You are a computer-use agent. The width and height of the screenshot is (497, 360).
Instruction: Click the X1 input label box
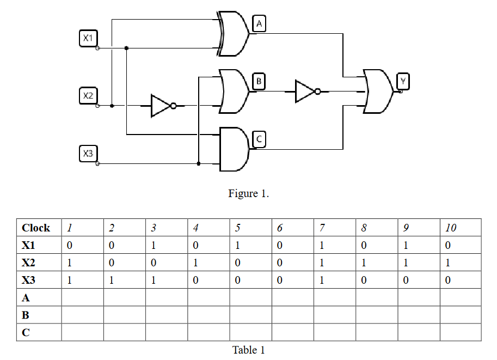coord(88,38)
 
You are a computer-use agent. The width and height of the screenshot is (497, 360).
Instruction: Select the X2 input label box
coord(88,96)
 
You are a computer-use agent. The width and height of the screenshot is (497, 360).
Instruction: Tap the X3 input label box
coord(88,153)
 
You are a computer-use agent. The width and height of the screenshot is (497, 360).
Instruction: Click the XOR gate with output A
coord(233,34)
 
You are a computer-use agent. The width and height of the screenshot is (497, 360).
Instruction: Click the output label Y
coord(403,82)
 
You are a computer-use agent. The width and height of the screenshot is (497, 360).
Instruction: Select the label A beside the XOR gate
coord(259,24)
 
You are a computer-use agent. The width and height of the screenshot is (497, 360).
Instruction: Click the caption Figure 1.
coord(248,193)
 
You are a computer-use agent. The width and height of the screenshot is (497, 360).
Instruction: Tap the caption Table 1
coord(248,350)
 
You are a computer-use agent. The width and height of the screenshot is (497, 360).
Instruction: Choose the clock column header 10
coord(461,228)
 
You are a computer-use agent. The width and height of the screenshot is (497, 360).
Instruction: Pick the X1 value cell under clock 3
coord(166,245)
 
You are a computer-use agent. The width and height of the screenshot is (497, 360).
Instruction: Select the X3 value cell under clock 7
coord(335,280)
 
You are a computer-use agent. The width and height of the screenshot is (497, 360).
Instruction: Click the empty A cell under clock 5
coord(250,297)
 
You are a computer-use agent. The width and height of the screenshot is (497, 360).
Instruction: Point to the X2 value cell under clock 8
coord(377,263)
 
